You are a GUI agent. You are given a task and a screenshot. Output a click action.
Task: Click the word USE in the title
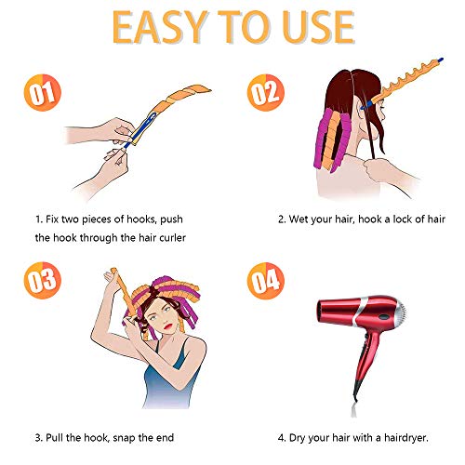pyautogui.click(x=312, y=29)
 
